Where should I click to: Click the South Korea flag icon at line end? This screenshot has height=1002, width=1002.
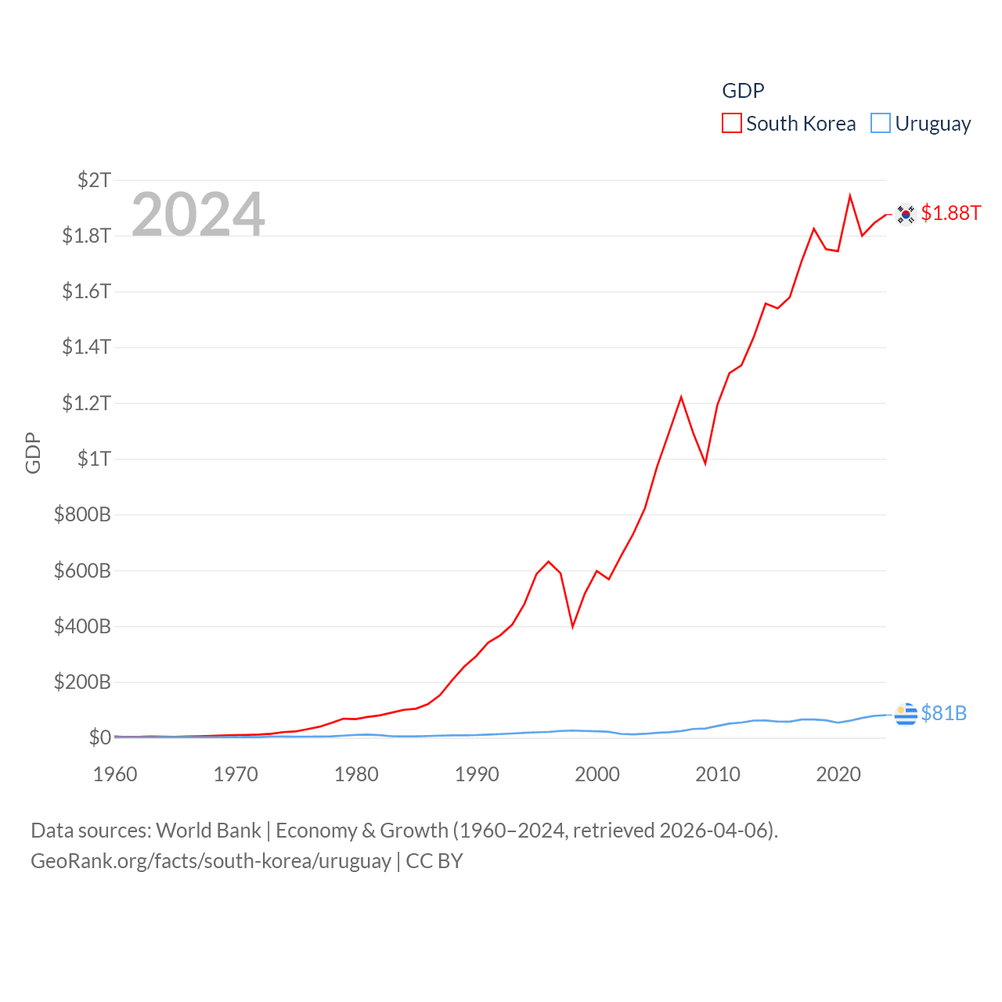point(906,214)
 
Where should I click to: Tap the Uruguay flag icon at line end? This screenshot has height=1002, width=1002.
point(906,714)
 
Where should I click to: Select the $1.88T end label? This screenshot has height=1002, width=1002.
point(950,213)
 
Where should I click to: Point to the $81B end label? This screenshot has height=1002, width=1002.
point(943,713)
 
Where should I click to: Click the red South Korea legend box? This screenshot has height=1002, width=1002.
point(731,124)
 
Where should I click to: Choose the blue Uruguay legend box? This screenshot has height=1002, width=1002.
point(881,124)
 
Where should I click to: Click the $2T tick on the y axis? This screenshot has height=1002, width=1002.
point(95,180)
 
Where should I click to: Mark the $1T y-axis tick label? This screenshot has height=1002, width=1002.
point(95,459)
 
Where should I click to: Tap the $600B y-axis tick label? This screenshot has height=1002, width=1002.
point(82,571)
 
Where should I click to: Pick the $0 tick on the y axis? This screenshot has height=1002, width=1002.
point(100,737)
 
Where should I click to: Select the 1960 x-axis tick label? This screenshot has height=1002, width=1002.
point(115,774)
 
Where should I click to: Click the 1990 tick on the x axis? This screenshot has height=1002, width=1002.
point(477,774)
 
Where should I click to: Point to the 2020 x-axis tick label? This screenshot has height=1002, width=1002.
point(838,774)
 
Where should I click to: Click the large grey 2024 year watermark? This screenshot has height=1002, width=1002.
point(198,214)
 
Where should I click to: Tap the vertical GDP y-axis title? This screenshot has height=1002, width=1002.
point(33,452)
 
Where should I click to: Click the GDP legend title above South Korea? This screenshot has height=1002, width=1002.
point(743,91)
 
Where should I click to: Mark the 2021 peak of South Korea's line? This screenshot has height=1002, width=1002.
point(850,196)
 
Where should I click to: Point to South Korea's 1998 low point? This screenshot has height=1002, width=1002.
point(573,626)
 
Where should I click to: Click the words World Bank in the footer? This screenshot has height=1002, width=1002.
point(208,831)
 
